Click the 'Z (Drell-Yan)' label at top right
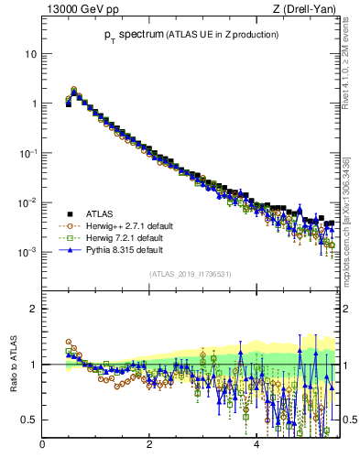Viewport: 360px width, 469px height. pyautogui.click(x=305, y=10)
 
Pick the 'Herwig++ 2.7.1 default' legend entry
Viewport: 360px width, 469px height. pyautogui.click(x=127, y=225)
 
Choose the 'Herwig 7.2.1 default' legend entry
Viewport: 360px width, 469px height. pyautogui.click(x=125, y=237)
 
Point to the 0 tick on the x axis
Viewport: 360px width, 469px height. pyautogui.click(x=42, y=445)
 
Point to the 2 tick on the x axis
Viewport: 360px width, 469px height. pyautogui.click(x=149, y=445)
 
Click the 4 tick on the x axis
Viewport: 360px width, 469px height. pyautogui.click(x=256, y=445)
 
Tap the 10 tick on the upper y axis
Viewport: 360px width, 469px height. pyautogui.click(x=31, y=54)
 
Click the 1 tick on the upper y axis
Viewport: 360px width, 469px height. pyautogui.click(x=34, y=104)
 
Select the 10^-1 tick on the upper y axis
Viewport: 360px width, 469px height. pyautogui.click(x=28, y=153)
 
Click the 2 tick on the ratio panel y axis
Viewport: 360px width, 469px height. pyautogui.click(x=34, y=309)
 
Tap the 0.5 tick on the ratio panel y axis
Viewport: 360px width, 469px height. pyautogui.click(x=30, y=420)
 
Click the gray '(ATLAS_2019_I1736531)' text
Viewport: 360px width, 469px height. pyautogui.click(x=191, y=274)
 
